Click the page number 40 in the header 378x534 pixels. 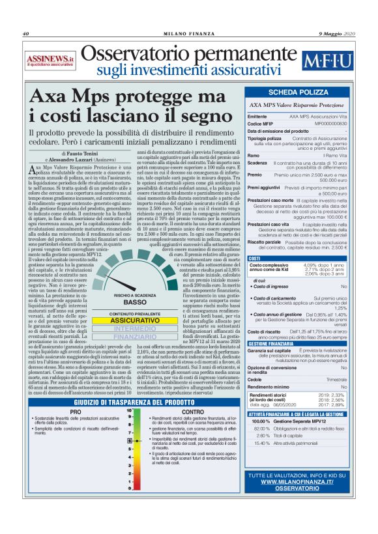coord(26,34)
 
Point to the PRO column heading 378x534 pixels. coord(75,394)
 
